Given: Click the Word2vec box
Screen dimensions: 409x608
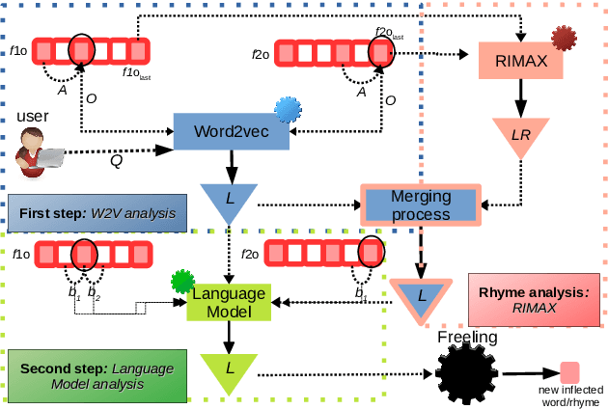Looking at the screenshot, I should tap(232, 130).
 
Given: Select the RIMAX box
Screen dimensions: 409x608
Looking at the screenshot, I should tap(521, 61).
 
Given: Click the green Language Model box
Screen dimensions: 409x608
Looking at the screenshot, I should tap(231, 302).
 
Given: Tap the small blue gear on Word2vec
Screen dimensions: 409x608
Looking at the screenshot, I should tap(287, 110).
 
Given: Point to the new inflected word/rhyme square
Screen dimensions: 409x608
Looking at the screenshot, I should tap(570, 371).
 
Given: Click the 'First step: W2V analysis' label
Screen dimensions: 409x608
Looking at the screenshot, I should tap(96, 212).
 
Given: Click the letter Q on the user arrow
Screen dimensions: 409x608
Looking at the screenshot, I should tap(116, 162).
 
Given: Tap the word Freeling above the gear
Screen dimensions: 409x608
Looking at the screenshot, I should tap(467, 338).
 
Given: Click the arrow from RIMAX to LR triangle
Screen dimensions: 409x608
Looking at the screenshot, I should tap(520, 96).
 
